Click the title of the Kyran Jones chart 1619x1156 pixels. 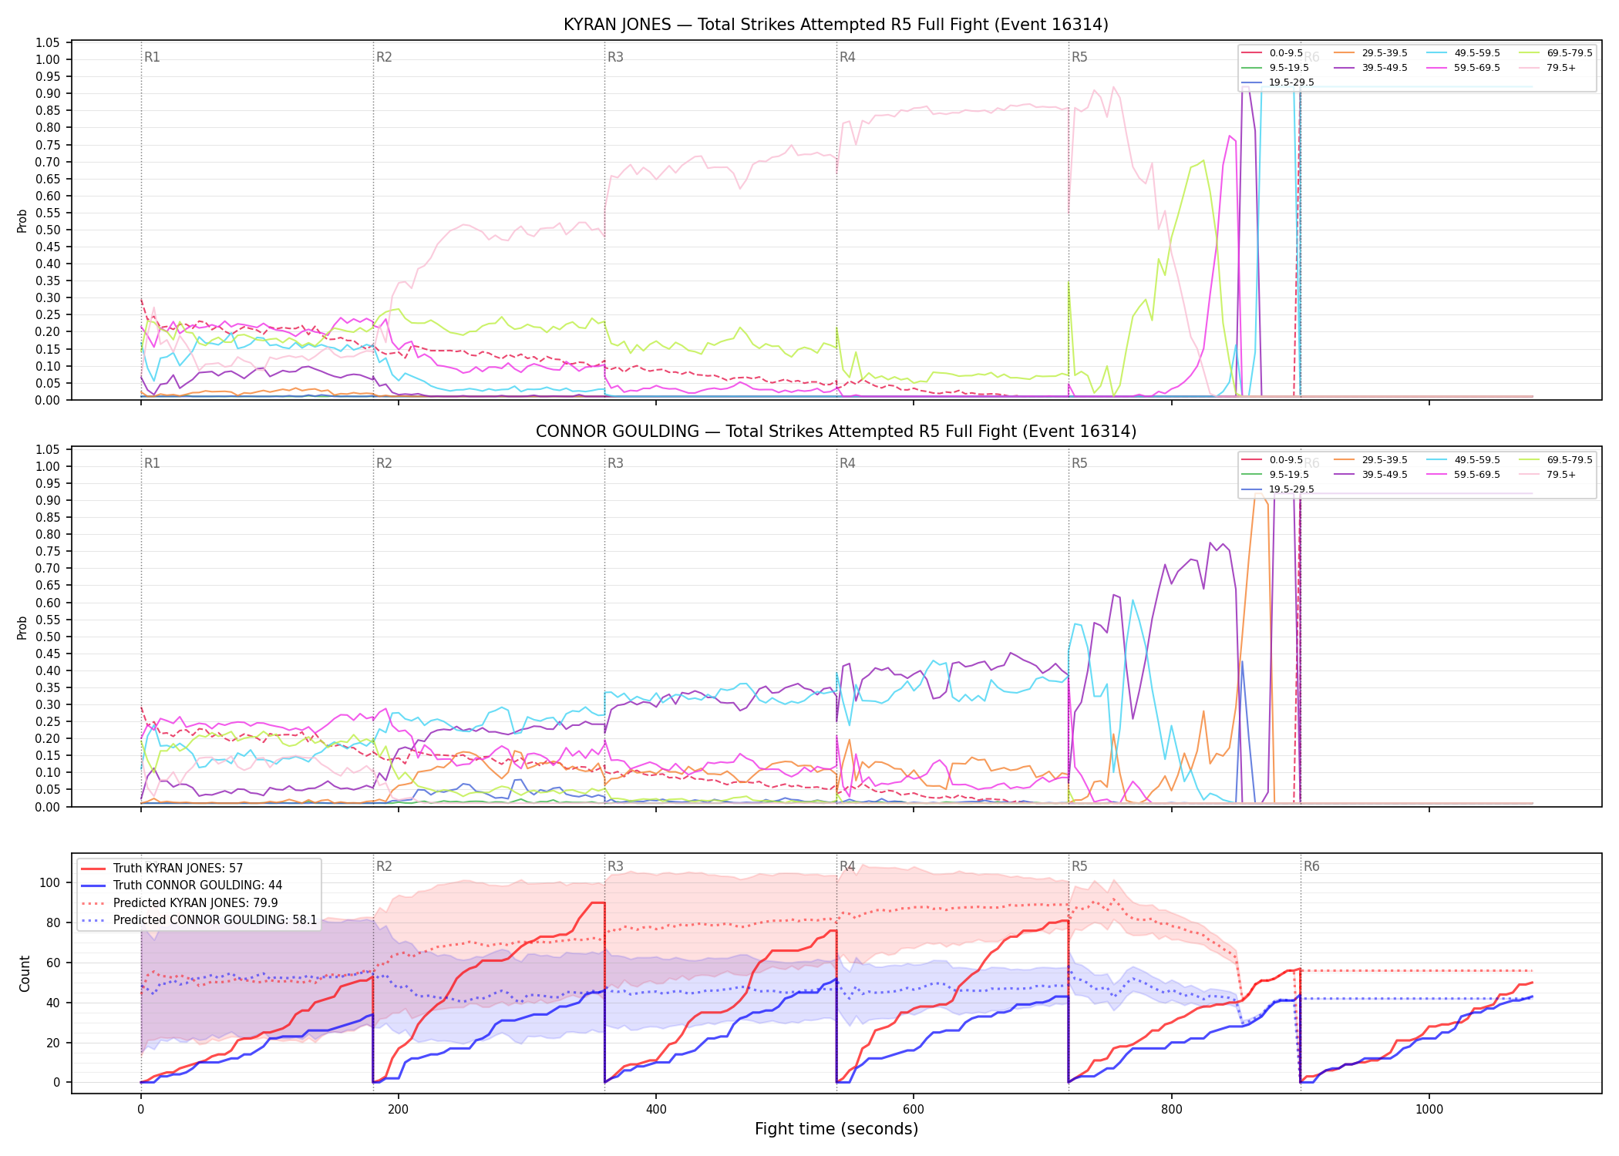(836, 25)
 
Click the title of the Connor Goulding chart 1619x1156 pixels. (836, 432)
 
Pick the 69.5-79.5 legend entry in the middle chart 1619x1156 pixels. (1556, 460)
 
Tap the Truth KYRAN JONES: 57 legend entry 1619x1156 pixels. (162, 869)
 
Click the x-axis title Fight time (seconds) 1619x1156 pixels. (836, 1129)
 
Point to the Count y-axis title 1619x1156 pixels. (25, 973)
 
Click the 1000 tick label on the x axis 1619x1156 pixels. (1429, 1110)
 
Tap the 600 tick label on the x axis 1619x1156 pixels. (914, 1110)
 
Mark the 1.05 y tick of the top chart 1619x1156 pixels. (48, 42)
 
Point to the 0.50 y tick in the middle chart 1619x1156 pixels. (48, 637)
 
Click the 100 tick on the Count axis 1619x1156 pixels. (50, 882)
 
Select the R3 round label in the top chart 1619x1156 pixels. (615, 57)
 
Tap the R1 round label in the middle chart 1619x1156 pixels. (152, 463)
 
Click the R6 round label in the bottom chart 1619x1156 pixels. (1311, 866)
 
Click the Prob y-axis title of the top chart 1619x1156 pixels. (22, 220)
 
